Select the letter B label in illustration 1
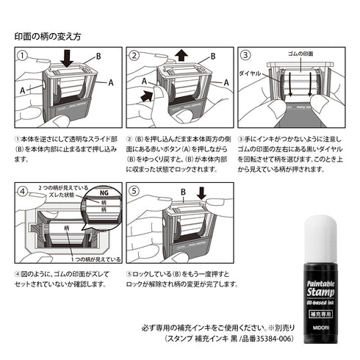pos(96,56)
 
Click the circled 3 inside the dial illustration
pos(245,55)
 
